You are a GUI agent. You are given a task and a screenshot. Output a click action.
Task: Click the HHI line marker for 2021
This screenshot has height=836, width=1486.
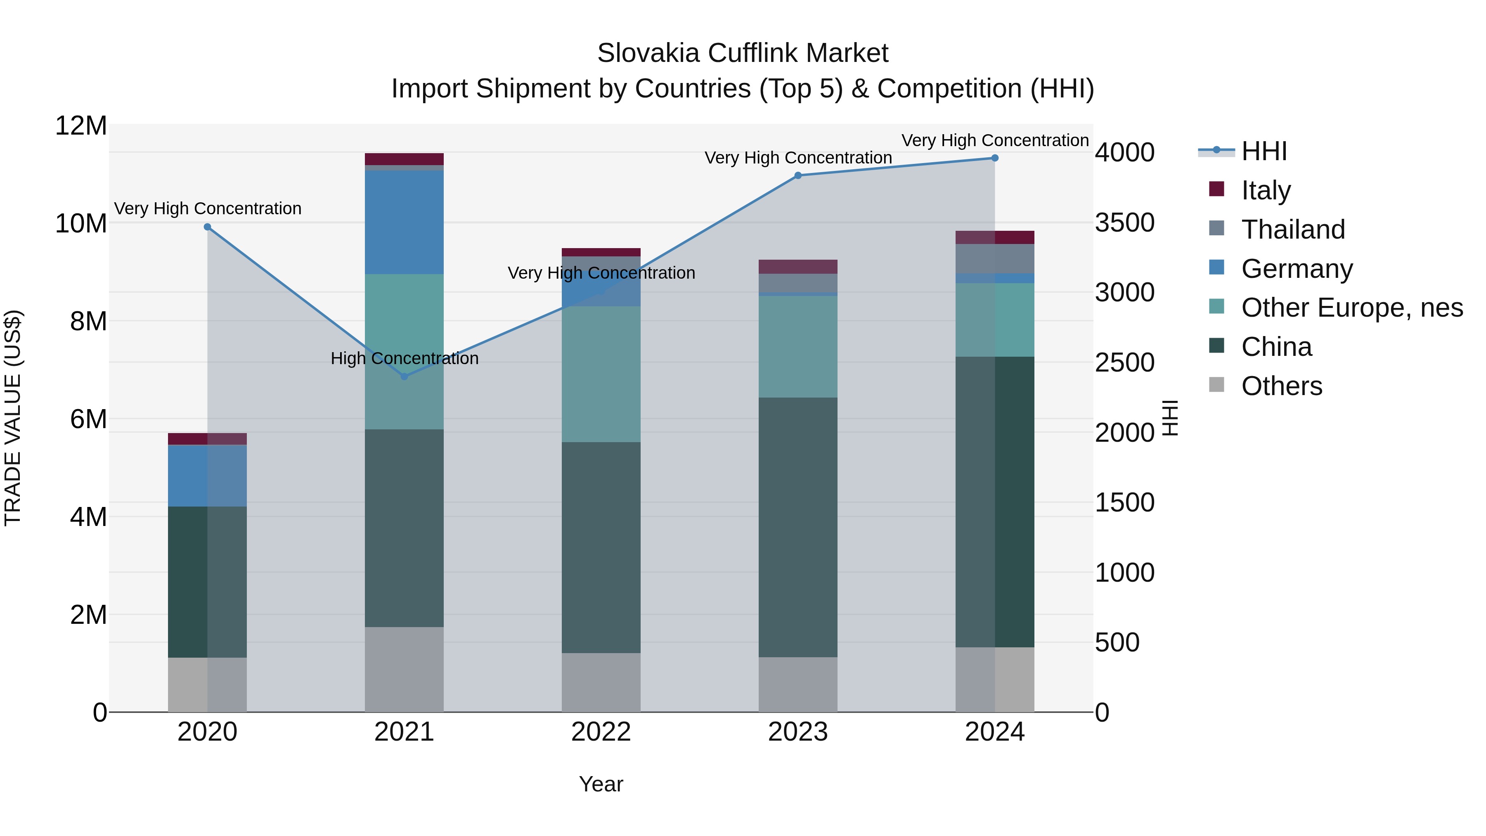[405, 376]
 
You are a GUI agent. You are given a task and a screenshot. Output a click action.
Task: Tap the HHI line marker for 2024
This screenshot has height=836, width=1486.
[994, 158]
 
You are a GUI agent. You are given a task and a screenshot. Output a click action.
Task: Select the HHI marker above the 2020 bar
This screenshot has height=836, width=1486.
[208, 227]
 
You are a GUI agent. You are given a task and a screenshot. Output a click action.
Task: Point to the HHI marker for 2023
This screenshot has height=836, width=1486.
[798, 175]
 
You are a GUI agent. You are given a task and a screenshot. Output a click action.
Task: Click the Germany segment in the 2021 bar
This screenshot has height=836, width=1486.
[405, 222]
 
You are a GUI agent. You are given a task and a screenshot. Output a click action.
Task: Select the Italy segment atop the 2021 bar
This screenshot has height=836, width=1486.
[405, 159]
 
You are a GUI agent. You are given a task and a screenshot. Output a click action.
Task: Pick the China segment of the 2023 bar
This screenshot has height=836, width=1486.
[798, 527]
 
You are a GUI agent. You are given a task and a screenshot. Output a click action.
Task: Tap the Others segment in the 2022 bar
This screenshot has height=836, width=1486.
[601, 682]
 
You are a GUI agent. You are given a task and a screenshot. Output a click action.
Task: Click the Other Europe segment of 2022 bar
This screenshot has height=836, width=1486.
[601, 374]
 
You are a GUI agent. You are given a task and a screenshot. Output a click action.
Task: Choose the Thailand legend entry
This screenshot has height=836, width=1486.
[1293, 229]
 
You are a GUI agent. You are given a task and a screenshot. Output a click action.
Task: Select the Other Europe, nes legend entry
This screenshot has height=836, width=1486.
[1351, 308]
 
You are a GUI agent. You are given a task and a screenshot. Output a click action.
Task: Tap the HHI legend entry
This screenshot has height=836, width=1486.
[1264, 151]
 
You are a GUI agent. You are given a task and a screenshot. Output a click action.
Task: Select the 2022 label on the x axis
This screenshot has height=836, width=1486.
[601, 732]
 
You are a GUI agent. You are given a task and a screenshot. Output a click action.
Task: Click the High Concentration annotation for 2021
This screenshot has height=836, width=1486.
[405, 358]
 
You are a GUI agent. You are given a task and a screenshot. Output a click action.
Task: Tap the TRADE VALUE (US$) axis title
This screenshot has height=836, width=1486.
[13, 418]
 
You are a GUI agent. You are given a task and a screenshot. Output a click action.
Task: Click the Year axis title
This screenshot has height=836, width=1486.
[601, 784]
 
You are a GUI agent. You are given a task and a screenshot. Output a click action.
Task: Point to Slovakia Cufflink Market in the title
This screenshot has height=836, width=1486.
[743, 53]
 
